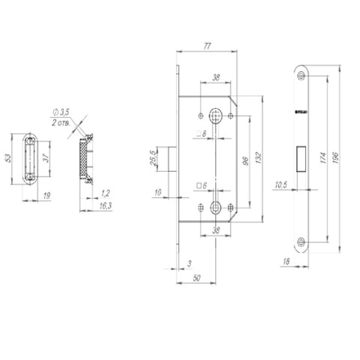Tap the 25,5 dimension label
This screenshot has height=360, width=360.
coord(151,156)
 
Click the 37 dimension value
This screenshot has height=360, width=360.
coord(46,157)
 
